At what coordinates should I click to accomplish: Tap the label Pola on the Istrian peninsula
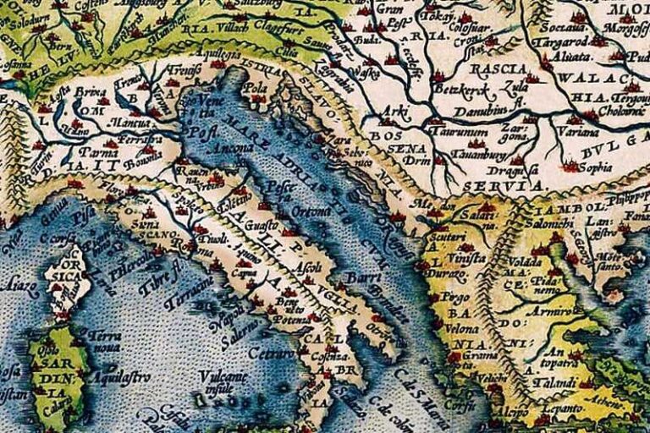click(254, 87)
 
